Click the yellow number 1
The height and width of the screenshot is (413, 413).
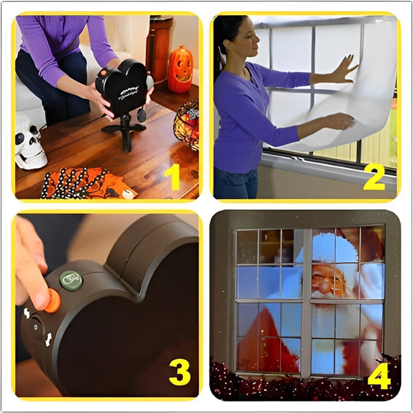173,177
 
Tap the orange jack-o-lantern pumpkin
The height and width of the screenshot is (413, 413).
180,70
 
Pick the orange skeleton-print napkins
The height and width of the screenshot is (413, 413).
86,184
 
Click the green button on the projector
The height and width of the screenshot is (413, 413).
71,279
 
